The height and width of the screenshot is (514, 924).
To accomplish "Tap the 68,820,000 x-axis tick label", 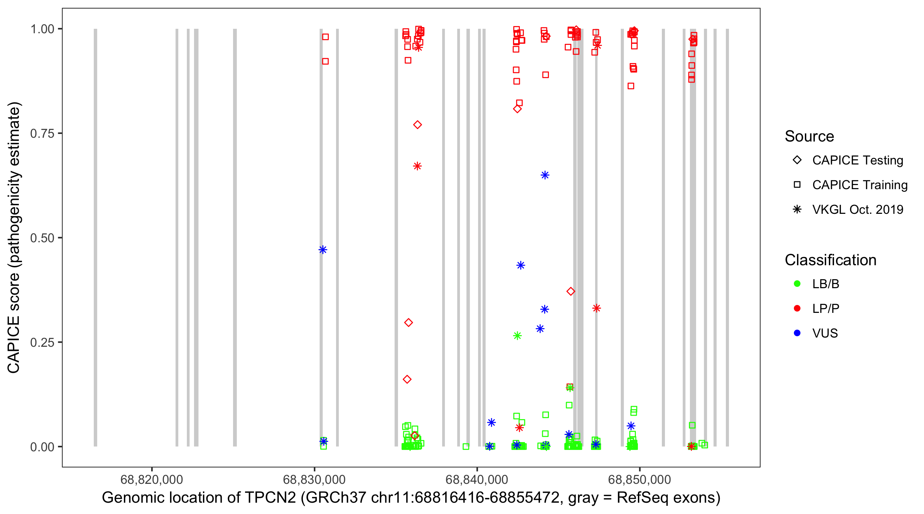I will click(x=152, y=479).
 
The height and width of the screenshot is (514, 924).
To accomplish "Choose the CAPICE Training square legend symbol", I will click(x=797, y=185).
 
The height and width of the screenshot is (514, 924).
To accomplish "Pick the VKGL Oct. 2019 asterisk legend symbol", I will click(x=797, y=209).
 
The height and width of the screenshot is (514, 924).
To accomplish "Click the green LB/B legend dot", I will click(x=797, y=284).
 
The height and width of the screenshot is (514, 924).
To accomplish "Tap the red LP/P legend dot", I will click(x=797, y=308).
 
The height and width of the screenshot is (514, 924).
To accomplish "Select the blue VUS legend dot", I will click(x=797, y=333).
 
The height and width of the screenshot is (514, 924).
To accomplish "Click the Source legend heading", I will click(x=809, y=136).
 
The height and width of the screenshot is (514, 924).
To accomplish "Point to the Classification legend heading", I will click(x=830, y=260).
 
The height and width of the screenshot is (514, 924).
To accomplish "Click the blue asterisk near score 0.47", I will click(x=323, y=250).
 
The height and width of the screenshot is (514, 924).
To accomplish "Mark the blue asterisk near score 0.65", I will click(x=545, y=175).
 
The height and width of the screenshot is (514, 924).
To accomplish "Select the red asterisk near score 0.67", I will click(x=417, y=166).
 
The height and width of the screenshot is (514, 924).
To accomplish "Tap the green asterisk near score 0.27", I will click(x=517, y=336).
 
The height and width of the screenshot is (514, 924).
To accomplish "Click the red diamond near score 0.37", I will click(x=571, y=291).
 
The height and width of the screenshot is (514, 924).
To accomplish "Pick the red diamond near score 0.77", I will click(x=417, y=125).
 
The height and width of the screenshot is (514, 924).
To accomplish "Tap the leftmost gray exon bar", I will click(x=95, y=237).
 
